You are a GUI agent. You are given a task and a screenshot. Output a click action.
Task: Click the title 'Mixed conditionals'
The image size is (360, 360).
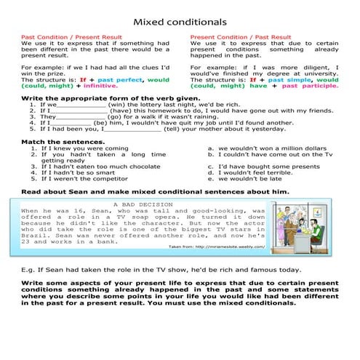click(x=180, y=21)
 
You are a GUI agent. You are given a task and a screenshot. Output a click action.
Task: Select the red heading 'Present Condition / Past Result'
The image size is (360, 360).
click(x=240, y=36)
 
